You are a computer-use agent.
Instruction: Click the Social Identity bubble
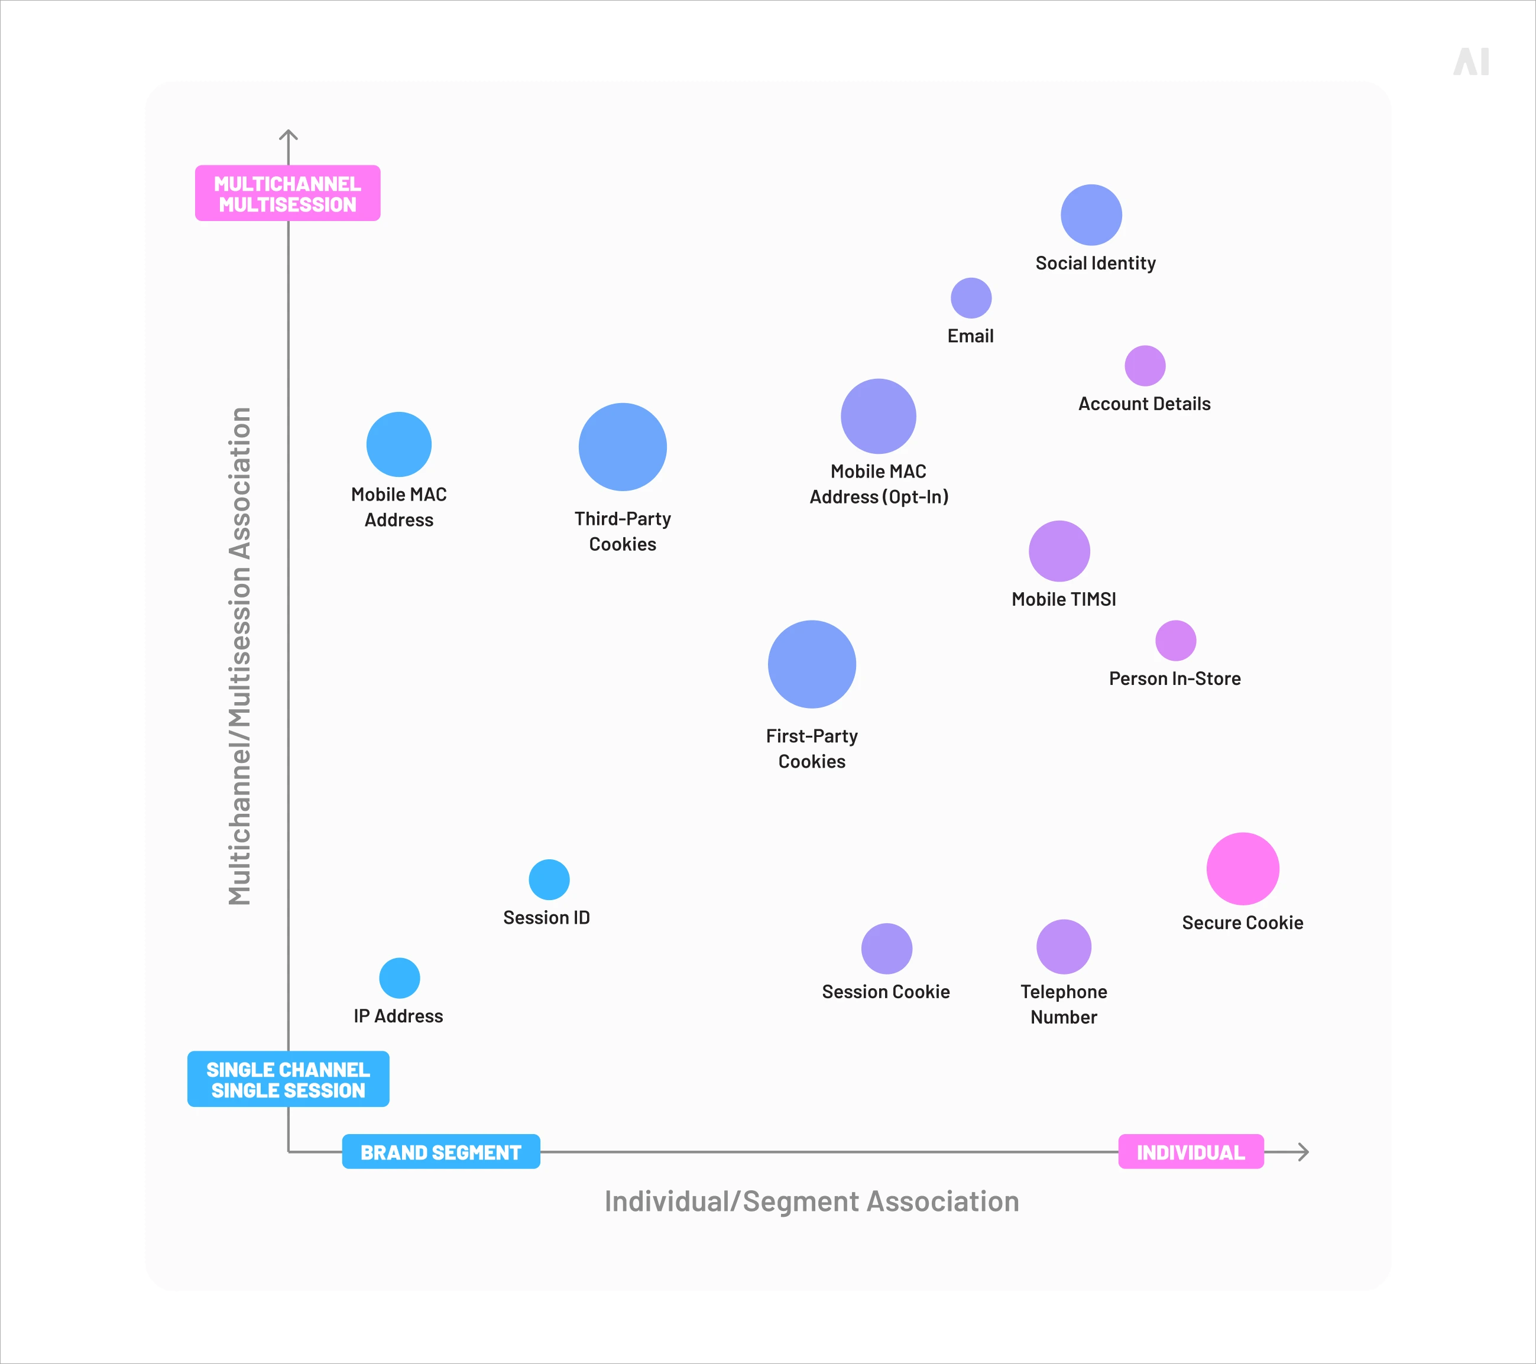(x=1091, y=215)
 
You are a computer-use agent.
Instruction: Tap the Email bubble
(x=971, y=298)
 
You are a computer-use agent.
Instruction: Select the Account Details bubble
(x=1145, y=366)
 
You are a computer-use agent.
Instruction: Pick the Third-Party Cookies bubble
(x=622, y=447)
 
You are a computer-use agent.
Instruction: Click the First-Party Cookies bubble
(x=812, y=664)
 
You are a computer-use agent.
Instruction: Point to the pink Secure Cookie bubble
(x=1243, y=868)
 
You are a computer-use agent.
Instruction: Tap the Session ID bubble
(x=549, y=879)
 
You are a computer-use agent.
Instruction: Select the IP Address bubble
(x=399, y=978)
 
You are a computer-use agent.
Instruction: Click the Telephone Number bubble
(x=1064, y=946)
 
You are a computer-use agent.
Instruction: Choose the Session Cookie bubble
(x=887, y=949)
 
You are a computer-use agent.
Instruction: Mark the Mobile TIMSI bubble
(x=1059, y=551)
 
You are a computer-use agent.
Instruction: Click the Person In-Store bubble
(x=1175, y=641)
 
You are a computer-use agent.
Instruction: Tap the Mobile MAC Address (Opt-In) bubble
(x=879, y=416)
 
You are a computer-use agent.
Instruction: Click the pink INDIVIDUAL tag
(x=1191, y=1151)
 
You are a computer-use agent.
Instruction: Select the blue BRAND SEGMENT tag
(x=441, y=1151)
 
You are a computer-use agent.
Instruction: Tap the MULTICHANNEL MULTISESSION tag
(x=288, y=193)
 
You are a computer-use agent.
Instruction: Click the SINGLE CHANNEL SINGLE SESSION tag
(x=289, y=1079)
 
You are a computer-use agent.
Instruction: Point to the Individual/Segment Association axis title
(x=812, y=1201)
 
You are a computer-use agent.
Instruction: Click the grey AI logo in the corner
(x=1470, y=61)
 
